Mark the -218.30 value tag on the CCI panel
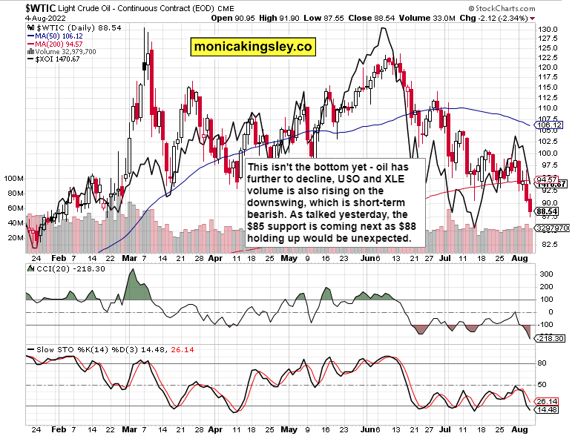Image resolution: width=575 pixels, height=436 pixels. point(548,338)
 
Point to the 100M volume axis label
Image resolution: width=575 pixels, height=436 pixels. point(14,179)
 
